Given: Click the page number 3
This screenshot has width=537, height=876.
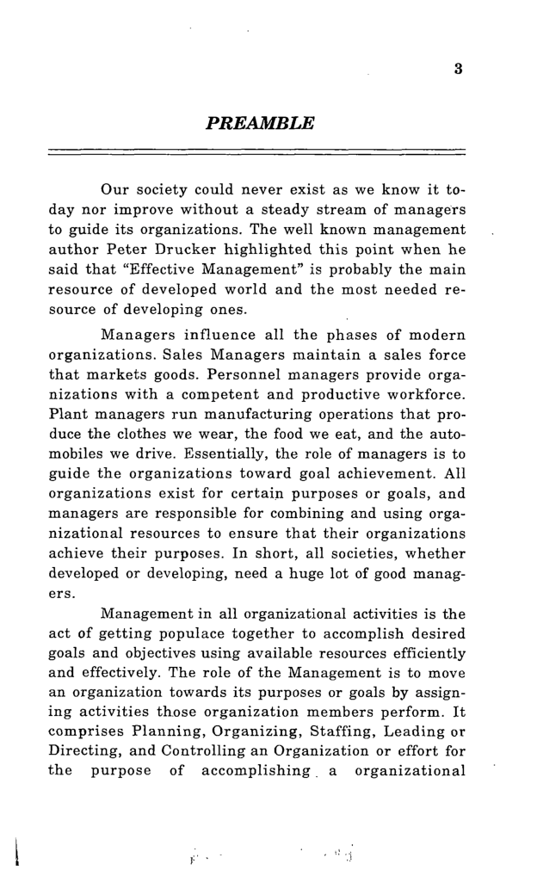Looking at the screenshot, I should (x=460, y=71).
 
